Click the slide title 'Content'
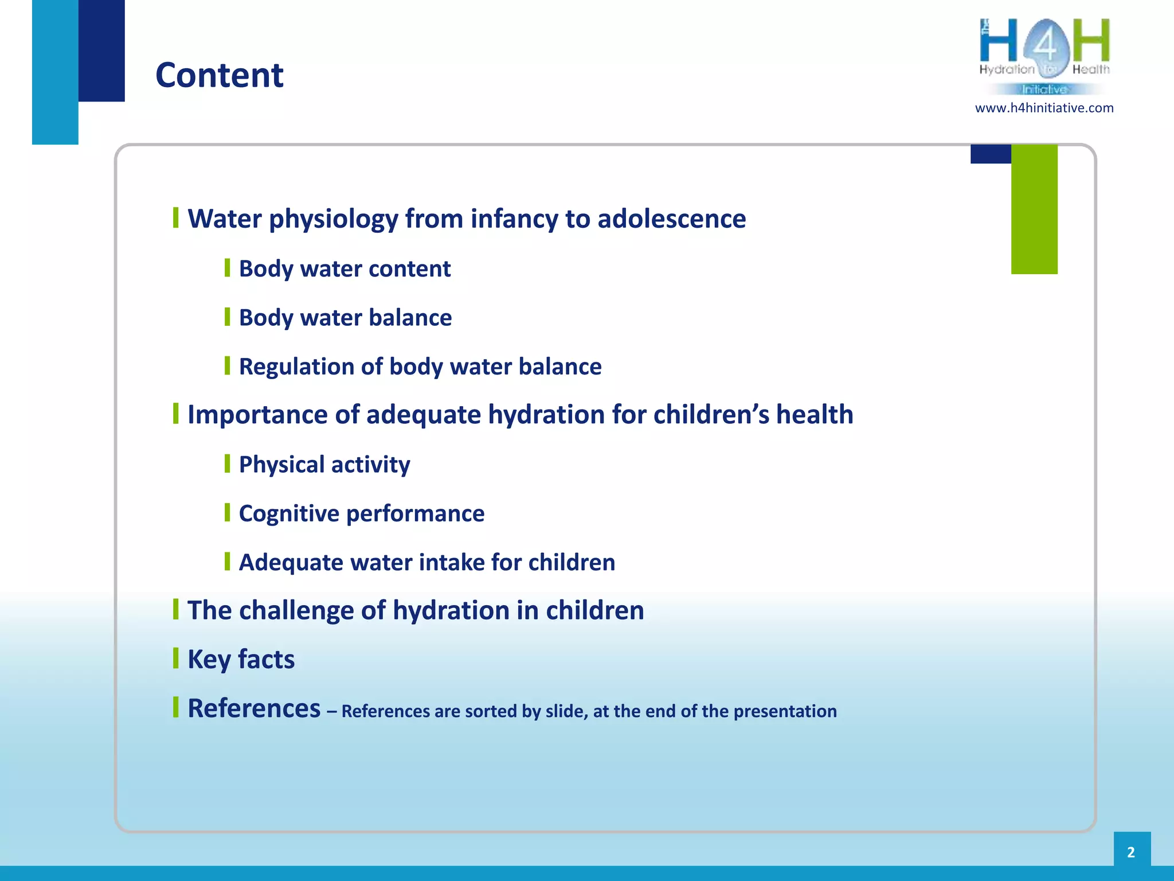(x=219, y=75)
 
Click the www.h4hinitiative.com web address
(x=1044, y=108)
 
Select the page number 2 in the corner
(x=1131, y=852)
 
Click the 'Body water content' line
(x=345, y=268)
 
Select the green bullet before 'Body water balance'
(x=227, y=317)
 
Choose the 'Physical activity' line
(x=324, y=464)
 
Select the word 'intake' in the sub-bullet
(x=452, y=562)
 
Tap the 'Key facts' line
(x=241, y=659)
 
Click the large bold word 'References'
(x=254, y=708)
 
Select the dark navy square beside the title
(x=101, y=50)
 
